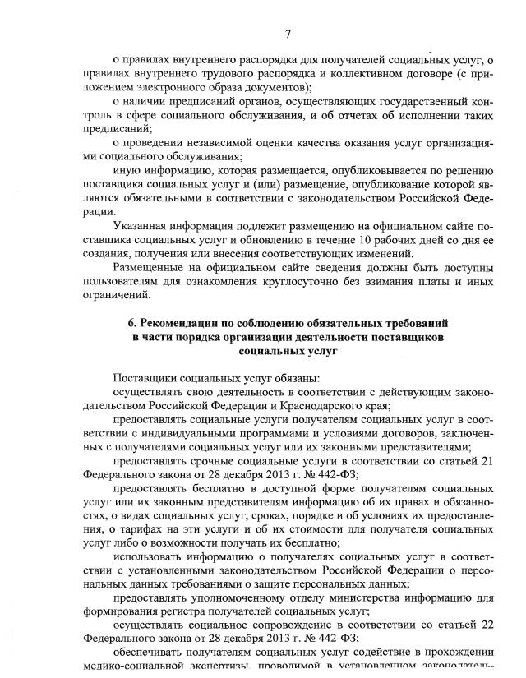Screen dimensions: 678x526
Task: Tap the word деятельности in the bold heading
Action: [x=315, y=336]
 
